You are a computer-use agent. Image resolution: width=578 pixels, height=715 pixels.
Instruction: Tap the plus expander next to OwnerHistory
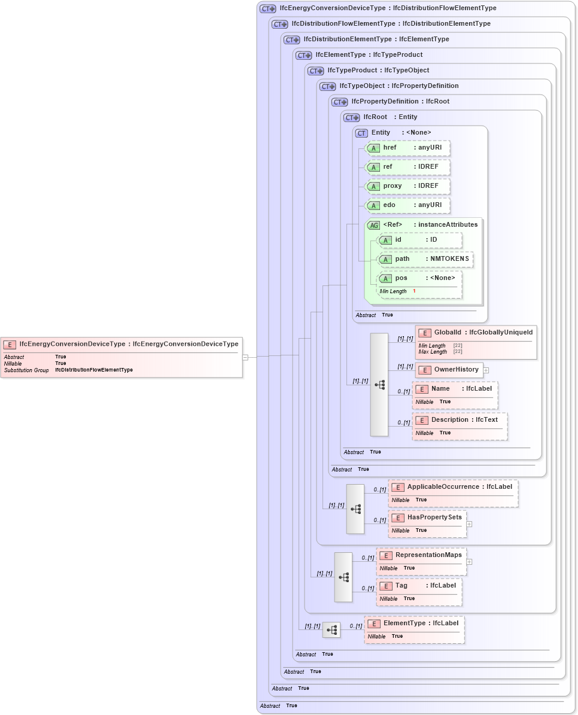pos(486,370)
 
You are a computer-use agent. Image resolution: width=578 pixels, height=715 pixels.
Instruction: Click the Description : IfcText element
pos(460,420)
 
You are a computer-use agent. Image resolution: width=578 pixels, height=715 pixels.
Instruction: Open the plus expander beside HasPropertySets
pos(469,524)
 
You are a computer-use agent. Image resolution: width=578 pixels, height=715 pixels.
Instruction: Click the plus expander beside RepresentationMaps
pos(469,562)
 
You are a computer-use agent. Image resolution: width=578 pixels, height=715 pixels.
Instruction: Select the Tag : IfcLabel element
pos(419,586)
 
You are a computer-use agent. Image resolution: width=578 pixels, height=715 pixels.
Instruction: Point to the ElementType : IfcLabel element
pos(414,623)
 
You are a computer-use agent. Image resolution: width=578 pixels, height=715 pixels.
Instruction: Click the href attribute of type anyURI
pos(408,148)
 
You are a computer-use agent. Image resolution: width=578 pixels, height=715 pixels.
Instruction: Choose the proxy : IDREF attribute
pos(408,186)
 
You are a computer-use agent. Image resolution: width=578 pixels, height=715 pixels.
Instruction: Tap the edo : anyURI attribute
pos(408,205)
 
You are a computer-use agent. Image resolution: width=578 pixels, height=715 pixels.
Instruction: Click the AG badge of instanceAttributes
pos(373,225)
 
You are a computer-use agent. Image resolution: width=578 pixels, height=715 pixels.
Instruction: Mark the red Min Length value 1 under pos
pos(414,291)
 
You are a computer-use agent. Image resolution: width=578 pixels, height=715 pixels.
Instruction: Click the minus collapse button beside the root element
pos(245,357)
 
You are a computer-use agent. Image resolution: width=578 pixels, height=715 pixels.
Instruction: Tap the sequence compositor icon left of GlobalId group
pos(379,385)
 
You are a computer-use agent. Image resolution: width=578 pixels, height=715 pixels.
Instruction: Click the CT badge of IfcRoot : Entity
pos(351,117)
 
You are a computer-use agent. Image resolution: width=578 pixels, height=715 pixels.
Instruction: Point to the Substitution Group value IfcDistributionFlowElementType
pos(94,370)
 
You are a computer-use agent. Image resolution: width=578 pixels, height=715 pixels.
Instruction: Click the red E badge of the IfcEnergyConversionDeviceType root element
pos(10,345)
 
